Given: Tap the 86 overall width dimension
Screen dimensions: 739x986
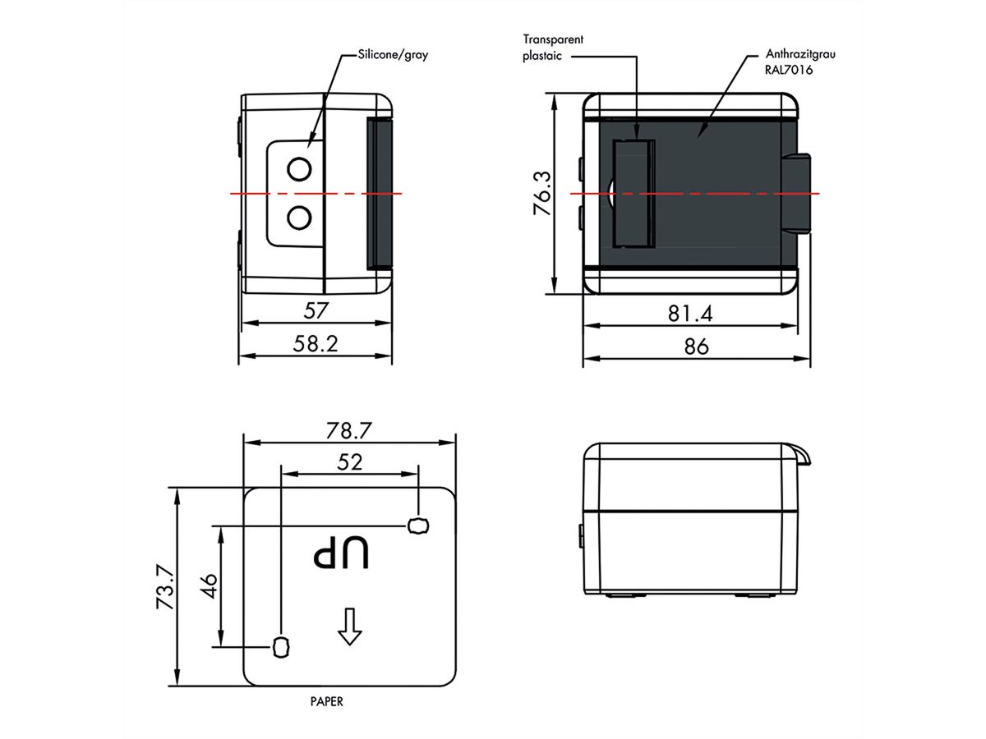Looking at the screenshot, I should pos(696,346).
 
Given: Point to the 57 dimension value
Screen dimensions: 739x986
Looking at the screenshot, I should pos(316,310).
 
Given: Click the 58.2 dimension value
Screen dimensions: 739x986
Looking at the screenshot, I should pos(316,344).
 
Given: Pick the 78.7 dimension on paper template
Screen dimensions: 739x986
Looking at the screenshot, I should pos(349,429).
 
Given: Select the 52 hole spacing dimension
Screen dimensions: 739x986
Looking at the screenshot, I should pos(350,462).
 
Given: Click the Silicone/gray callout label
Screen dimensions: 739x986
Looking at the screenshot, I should pos(393,56).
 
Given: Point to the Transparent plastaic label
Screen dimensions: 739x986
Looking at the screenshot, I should pos(552,48).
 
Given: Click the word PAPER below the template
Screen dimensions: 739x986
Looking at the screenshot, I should pos(327,702).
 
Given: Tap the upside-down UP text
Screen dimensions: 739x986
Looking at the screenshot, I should pos(341,556).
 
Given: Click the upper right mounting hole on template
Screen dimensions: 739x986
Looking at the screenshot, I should pos(418,525).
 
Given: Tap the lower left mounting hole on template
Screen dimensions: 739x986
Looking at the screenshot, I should pos(281,647).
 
